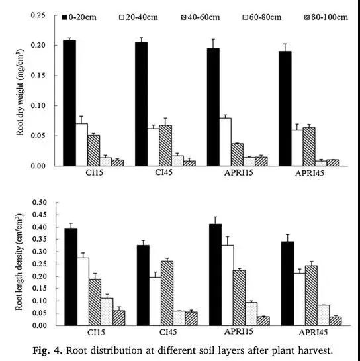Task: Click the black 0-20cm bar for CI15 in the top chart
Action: point(69,103)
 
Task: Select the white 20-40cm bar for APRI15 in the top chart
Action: point(225,142)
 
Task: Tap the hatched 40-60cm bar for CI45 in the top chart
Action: point(165,146)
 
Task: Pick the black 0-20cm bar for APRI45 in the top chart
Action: point(285,109)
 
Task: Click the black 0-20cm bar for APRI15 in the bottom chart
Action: point(216,275)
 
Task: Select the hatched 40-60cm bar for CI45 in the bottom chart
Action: point(167,293)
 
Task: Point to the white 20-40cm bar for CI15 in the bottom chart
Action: point(83,291)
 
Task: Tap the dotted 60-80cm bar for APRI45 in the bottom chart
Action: point(323,315)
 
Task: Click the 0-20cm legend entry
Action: point(79,17)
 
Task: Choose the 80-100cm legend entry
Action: point(326,17)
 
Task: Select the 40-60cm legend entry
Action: point(200,17)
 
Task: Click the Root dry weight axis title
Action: point(20,92)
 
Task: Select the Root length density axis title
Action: point(19,262)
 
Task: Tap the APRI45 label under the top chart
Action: point(310,173)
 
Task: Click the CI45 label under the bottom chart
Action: point(168,332)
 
